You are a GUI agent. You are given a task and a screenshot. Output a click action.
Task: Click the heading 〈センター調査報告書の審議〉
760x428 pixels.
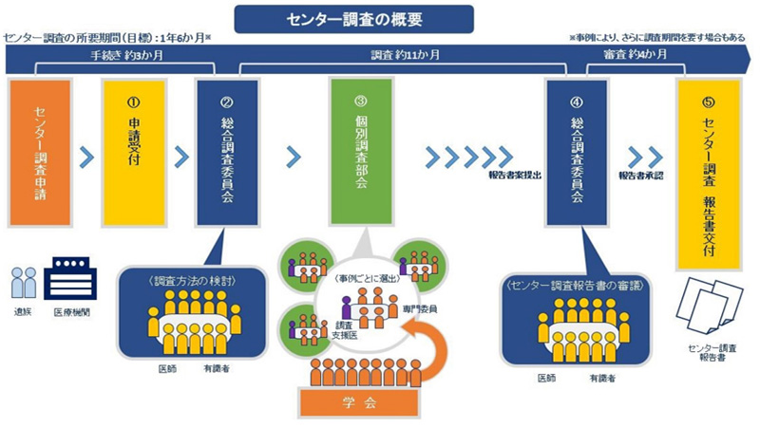(571, 285)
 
